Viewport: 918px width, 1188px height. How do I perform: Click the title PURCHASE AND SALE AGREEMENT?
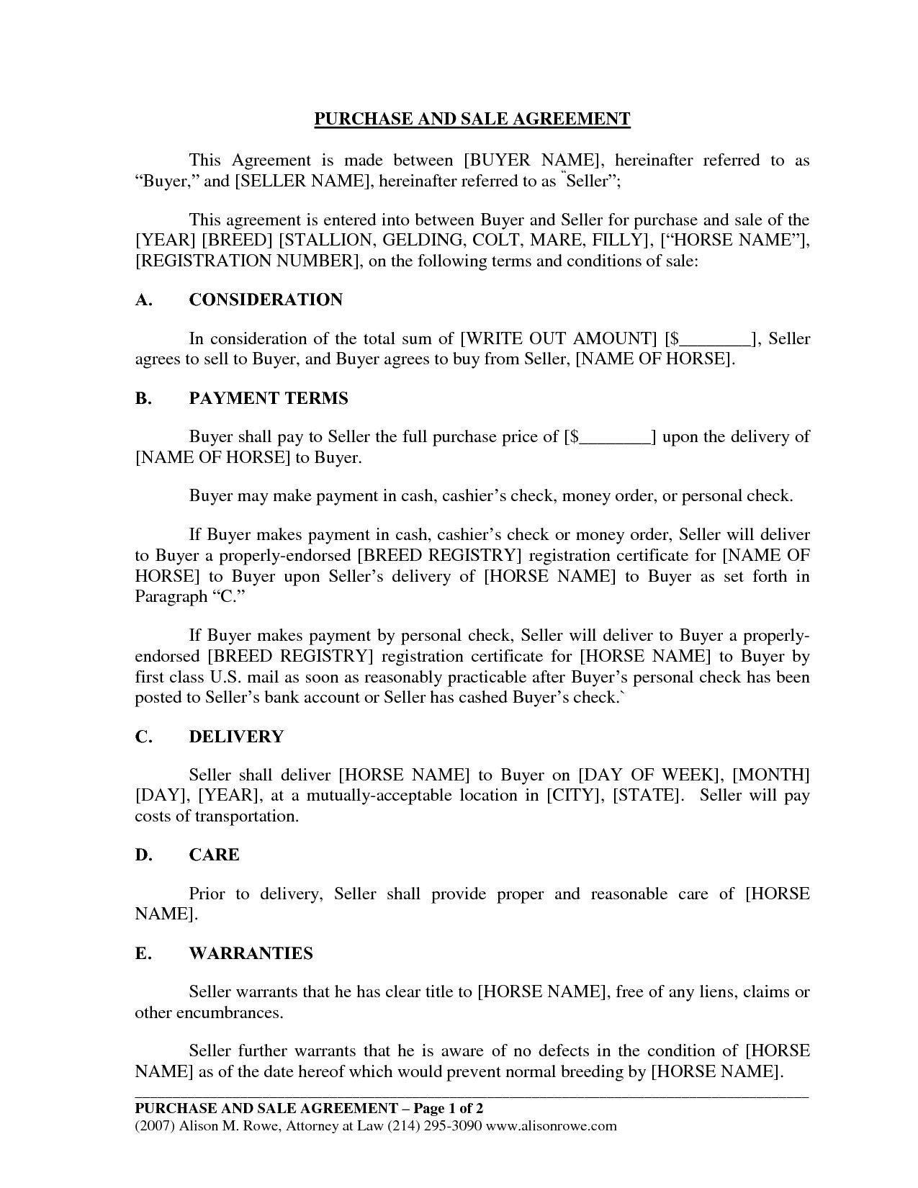click(472, 119)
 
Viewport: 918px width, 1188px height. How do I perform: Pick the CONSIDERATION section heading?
click(266, 300)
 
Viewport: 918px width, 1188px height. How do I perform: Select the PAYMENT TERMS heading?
click(269, 398)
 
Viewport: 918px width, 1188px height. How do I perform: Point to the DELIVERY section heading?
click(236, 737)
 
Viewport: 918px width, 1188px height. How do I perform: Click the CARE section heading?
click(214, 855)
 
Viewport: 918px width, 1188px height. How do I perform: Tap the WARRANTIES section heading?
click(251, 953)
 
